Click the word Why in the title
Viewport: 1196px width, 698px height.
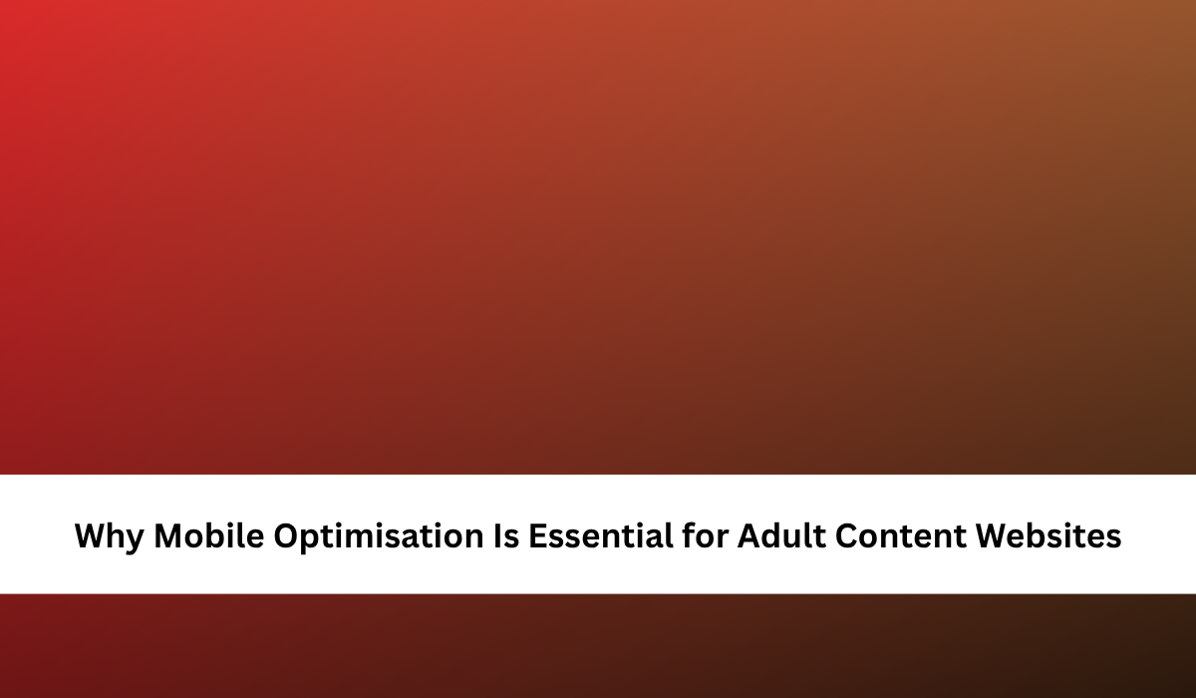pyautogui.click(x=110, y=536)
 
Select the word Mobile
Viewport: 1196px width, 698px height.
pyautogui.click(x=208, y=534)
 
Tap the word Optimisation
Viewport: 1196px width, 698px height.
pyautogui.click(x=379, y=535)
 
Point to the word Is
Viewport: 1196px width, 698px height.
pyautogui.click(x=506, y=535)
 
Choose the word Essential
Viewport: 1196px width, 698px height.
pyautogui.click(x=601, y=534)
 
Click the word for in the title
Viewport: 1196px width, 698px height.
pyautogui.click(x=705, y=534)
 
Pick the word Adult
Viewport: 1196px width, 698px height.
pyautogui.click(x=781, y=534)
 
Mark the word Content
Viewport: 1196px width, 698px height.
pyautogui.click(x=901, y=535)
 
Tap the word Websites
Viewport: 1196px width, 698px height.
pyautogui.click(x=1048, y=534)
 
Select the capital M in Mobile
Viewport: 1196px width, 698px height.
pyautogui.click(x=167, y=535)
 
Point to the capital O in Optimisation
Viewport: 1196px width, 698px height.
pyautogui.click(x=287, y=535)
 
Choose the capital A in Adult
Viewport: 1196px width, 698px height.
pyautogui.click(x=750, y=535)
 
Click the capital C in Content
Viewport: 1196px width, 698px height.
pyautogui.click(x=848, y=535)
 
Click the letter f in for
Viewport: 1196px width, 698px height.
pyautogui.click(x=689, y=534)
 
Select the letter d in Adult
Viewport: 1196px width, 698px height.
pyautogui.click(x=775, y=534)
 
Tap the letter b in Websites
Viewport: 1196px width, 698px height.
pyautogui.click(x=1049, y=534)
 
